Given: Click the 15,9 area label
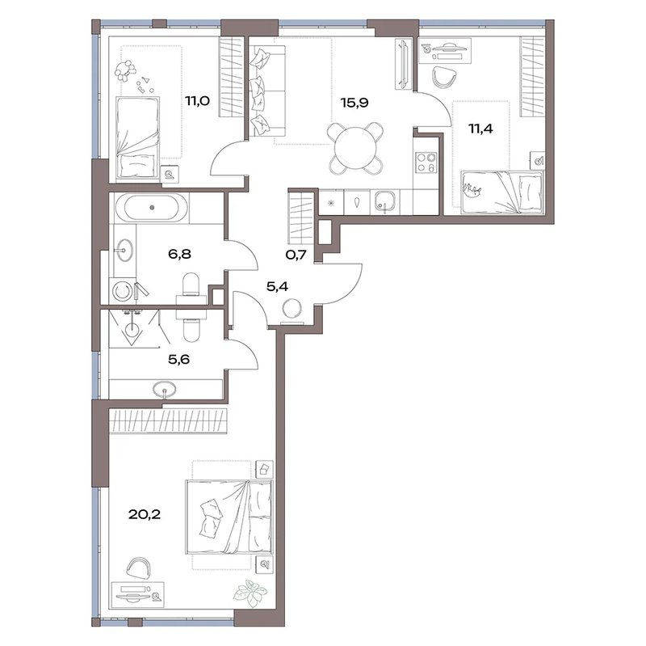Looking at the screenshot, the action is coord(354,103).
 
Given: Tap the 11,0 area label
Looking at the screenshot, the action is coord(197,100).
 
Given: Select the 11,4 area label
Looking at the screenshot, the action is coord(480,129).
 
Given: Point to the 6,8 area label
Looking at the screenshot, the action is coord(179,254).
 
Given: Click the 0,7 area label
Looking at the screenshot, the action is coord(296,255).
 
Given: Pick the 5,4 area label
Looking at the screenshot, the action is coord(277,286).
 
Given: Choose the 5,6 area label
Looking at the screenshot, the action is coord(178,359).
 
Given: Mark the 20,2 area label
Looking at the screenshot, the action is coord(145,514).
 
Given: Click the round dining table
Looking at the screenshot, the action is coord(355,148).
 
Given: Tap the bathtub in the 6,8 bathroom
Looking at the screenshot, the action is coord(152,208).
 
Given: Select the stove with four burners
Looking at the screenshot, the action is coord(426,163).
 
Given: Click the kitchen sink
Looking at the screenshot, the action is coord(385,201).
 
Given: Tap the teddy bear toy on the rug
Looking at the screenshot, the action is coord(125,70).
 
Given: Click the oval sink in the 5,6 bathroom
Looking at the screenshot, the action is coord(165,388).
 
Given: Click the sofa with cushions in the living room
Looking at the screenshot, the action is coord(267,91).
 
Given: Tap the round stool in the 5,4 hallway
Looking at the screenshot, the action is coord(292,309).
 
